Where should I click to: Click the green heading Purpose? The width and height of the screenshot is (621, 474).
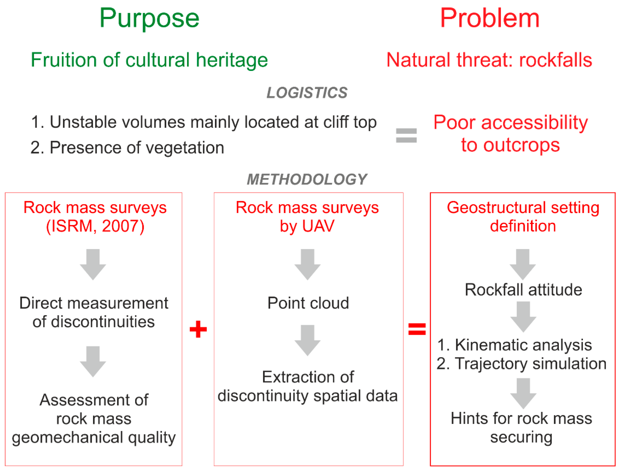click(x=149, y=19)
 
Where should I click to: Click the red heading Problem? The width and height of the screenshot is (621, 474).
click(x=490, y=19)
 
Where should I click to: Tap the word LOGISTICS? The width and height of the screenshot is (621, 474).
click(x=307, y=93)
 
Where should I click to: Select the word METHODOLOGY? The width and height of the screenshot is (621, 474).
click(x=307, y=179)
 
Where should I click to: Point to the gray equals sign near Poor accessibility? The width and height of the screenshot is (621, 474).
click(x=406, y=135)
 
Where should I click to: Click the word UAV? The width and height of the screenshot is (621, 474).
click(x=318, y=226)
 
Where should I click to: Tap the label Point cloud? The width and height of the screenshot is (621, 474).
click(x=308, y=303)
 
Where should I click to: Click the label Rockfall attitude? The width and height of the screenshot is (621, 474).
click(x=523, y=290)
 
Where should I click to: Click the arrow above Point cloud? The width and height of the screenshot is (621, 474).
click(x=307, y=264)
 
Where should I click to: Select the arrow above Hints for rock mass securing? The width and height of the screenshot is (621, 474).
click(x=523, y=393)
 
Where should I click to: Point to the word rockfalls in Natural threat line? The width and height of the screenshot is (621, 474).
click(x=555, y=60)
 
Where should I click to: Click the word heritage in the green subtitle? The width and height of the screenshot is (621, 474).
click(x=232, y=60)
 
